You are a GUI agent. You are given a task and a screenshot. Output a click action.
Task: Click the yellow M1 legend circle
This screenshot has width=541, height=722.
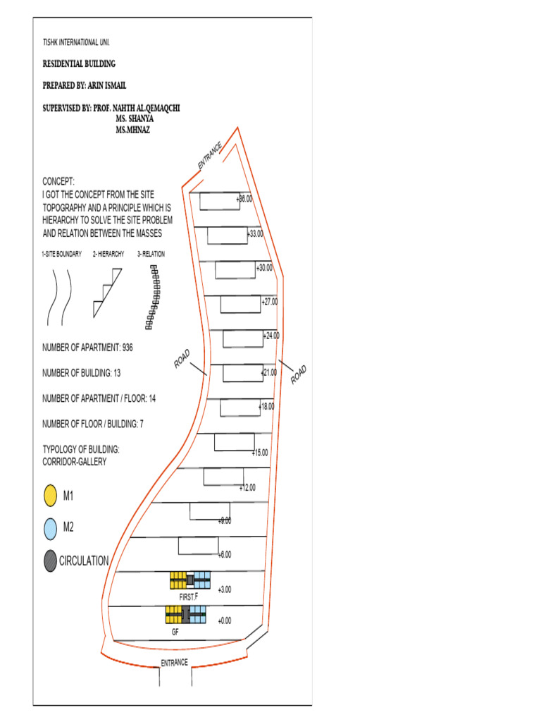(x=50, y=496)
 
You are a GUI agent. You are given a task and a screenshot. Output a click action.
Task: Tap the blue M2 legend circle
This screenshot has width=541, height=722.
(x=50, y=528)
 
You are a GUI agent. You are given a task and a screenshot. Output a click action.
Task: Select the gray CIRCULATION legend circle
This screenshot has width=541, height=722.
(x=50, y=561)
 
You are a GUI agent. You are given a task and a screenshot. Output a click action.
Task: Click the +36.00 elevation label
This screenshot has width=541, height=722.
(x=244, y=200)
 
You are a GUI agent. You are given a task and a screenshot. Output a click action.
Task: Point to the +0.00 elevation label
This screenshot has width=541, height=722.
(x=225, y=620)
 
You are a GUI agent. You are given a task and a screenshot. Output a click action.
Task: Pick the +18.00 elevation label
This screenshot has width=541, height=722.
(x=266, y=407)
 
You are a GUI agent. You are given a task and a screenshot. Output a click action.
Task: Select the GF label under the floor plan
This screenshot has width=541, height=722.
(x=175, y=632)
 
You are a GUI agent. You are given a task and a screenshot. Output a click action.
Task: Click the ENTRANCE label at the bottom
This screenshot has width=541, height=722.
(x=174, y=663)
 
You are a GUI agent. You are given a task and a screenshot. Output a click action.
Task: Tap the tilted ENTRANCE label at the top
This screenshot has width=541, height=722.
(x=210, y=155)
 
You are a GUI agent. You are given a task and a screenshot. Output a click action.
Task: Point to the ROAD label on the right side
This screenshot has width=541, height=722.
(x=299, y=374)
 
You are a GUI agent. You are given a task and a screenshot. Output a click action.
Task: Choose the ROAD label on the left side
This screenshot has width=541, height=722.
(x=182, y=359)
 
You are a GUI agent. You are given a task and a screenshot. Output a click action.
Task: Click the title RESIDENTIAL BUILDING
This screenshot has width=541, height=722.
(x=79, y=64)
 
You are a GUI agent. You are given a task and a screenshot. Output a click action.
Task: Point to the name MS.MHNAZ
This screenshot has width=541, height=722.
(x=133, y=130)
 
